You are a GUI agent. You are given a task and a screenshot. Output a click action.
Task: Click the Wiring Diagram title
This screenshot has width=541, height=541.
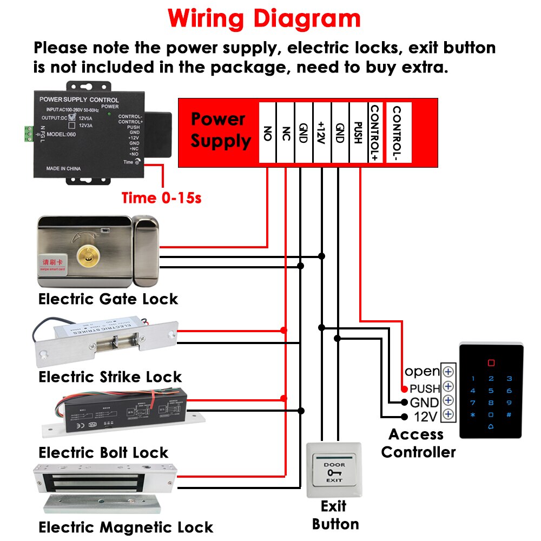[264, 18]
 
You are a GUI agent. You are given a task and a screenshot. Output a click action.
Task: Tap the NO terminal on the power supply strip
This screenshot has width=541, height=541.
[267, 132]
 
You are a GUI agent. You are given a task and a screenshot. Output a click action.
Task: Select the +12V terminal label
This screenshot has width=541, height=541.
[322, 132]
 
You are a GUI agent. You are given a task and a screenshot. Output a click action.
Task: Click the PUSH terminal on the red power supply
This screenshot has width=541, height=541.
[358, 132]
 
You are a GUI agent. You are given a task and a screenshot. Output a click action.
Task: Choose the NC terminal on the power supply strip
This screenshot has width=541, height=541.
[286, 132]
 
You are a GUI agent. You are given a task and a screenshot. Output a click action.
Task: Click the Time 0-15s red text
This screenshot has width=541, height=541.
[161, 198]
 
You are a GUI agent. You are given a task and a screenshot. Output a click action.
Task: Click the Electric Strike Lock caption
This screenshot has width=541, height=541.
[110, 377]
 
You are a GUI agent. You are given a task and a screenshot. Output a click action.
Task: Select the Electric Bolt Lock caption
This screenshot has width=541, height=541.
[103, 452]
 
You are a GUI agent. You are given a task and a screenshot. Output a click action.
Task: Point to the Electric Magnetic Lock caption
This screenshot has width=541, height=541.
[126, 527]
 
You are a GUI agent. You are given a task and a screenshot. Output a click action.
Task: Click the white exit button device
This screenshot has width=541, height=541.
[334, 470]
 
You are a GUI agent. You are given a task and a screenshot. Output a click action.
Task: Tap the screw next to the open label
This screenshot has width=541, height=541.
[448, 372]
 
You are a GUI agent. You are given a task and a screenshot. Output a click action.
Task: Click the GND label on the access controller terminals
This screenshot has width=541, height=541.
[424, 403]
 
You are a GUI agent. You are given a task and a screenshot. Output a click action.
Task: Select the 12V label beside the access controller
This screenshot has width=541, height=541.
[425, 417]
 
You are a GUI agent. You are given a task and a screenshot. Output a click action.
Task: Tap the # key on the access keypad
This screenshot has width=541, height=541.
[509, 415]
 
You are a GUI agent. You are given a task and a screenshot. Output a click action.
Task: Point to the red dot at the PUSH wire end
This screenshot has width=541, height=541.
[404, 389]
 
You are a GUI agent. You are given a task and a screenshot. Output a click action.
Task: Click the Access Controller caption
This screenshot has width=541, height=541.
[418, 443]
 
